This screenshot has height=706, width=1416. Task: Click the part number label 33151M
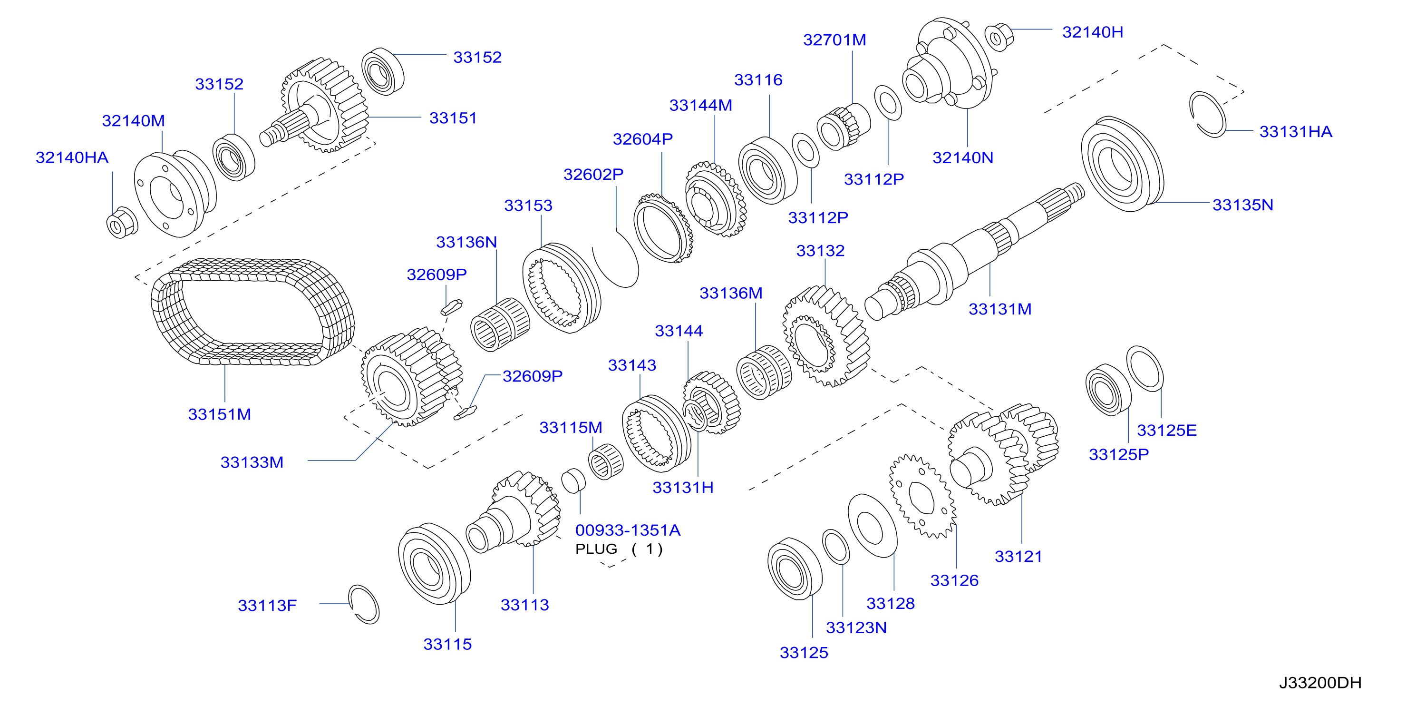pos(219,414)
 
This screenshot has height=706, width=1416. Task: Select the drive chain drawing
pos(253,311)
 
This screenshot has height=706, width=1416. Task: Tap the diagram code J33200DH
pos(1320,682)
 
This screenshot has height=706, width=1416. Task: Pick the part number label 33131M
pos(1000,309)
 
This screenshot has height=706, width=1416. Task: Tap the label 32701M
pos(834,39)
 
